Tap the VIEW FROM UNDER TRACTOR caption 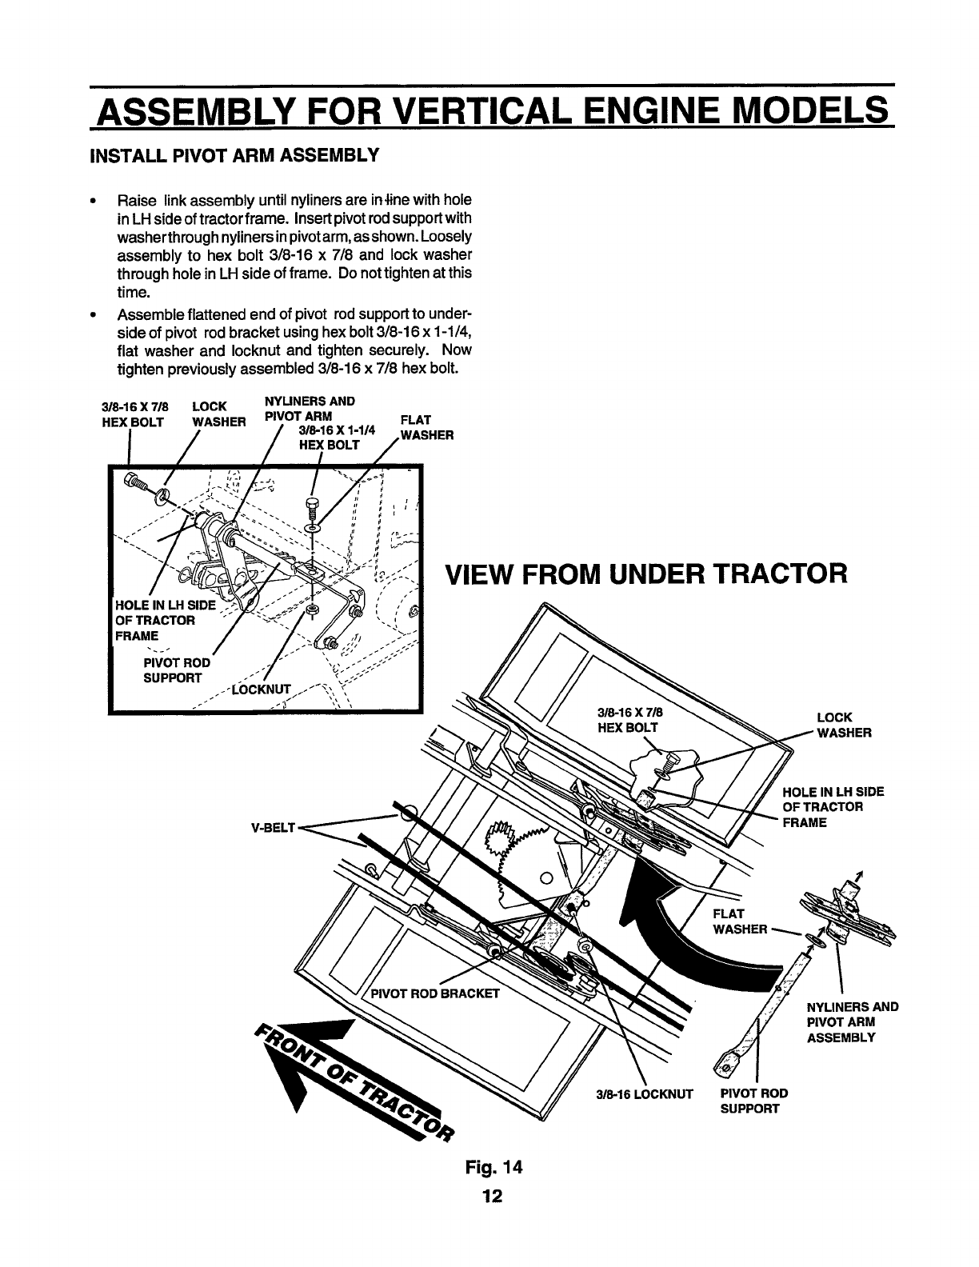(x=645, y=574)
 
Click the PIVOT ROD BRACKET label (x=436, y=994)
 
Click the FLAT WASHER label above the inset (x=426, y=428)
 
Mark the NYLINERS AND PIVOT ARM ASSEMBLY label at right (x=853, y=1022)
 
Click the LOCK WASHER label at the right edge (x=843, y=725)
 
